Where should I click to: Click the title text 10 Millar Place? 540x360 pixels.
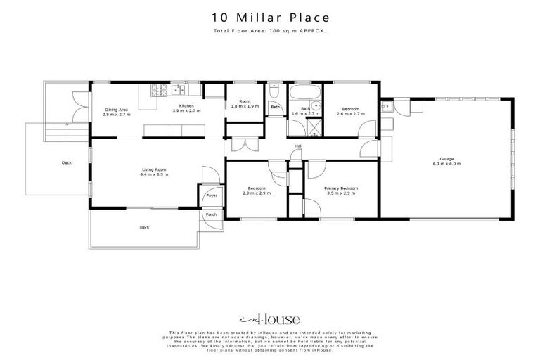coord(270,18)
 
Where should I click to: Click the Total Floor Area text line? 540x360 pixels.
coord(270,32)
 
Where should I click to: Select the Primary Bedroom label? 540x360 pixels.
coord(341,188)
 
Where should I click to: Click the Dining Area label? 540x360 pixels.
coord(116,109)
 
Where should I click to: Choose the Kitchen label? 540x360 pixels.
coord(186,105)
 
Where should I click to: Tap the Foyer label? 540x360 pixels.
coord(212,195)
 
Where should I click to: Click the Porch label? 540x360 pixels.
coord(211,214)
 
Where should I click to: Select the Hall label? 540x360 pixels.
coord(298,146)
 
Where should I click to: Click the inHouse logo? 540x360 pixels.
coord(269,319)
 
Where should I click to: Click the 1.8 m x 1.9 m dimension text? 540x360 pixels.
coord(245,106)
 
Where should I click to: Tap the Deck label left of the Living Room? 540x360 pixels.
coord(67,163)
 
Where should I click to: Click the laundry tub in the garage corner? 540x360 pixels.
coord(387,107)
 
